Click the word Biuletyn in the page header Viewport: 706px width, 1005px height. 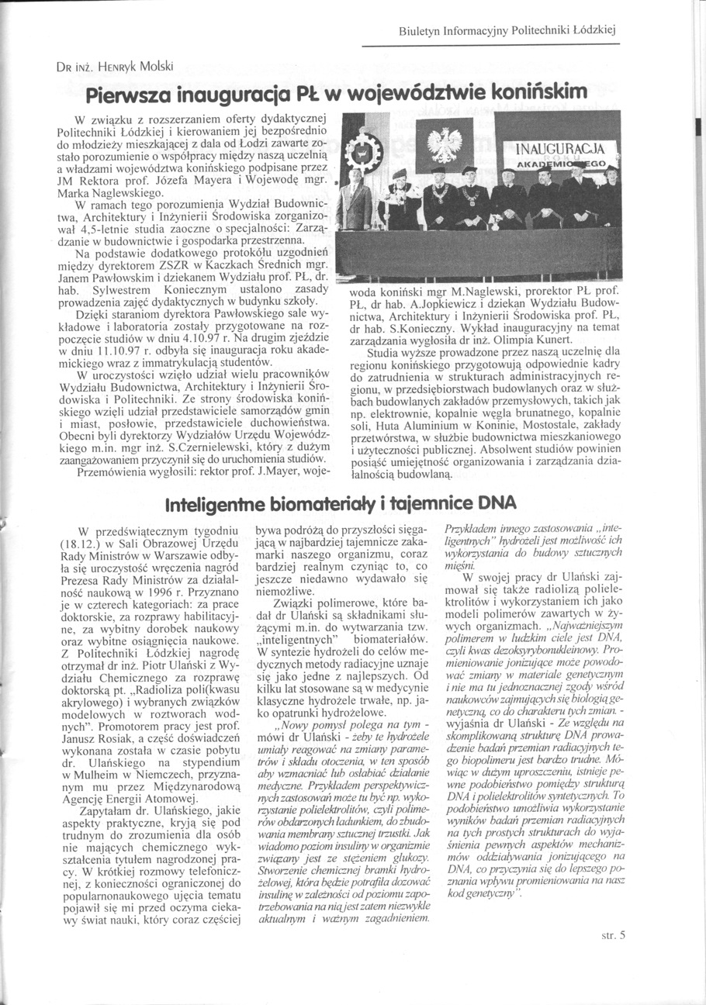click(x=417, y=32)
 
